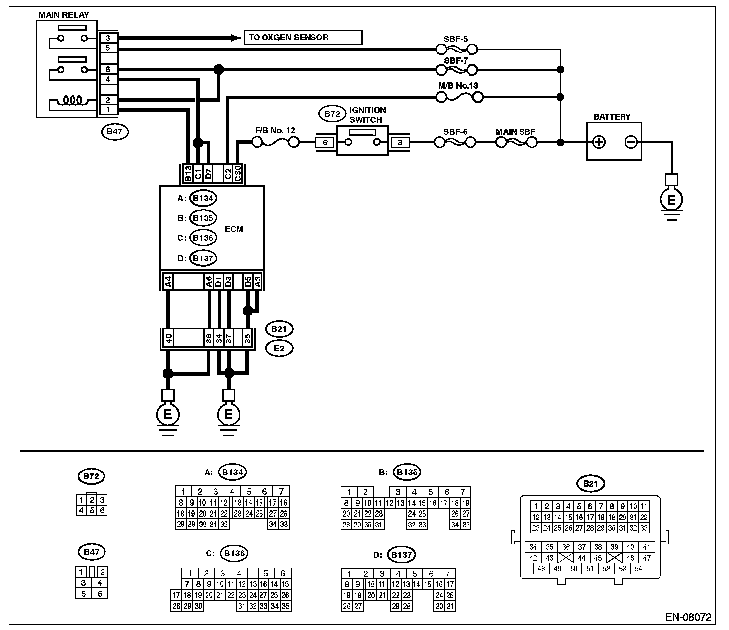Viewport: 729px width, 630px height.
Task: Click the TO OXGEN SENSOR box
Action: (x=302, y=38)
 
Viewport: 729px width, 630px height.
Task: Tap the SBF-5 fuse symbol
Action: (x=457, y=49)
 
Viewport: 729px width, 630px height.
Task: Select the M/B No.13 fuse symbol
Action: (x=459, y=98)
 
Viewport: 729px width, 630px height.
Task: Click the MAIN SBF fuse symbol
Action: (x=516, y=143)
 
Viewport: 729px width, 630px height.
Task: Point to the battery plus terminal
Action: (x=599, y=143)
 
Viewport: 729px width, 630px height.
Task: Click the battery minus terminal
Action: (x=630, y=143)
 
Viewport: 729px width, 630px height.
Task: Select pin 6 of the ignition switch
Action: (x=325, y=143)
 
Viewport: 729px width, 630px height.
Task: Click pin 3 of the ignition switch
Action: (x=400, y=143)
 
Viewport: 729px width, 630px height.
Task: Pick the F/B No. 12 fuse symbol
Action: (x=275, y=143)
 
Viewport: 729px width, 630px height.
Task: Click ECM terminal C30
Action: (x=238, y=173)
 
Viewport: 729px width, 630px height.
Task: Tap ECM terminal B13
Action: (x=188, y=173)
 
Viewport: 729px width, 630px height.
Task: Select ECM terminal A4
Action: (x=168, y=282)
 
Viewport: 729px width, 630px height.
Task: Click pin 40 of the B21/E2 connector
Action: (x=168, y=339)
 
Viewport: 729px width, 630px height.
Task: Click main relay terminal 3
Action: (x=108, y=38)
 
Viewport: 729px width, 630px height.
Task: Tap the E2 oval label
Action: (x=279, y=348)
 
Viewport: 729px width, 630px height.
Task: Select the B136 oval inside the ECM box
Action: (x=203, y=238)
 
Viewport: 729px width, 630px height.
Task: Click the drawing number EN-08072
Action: (x=688, y=617)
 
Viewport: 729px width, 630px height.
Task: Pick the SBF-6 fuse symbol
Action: (x=455, y=143)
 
